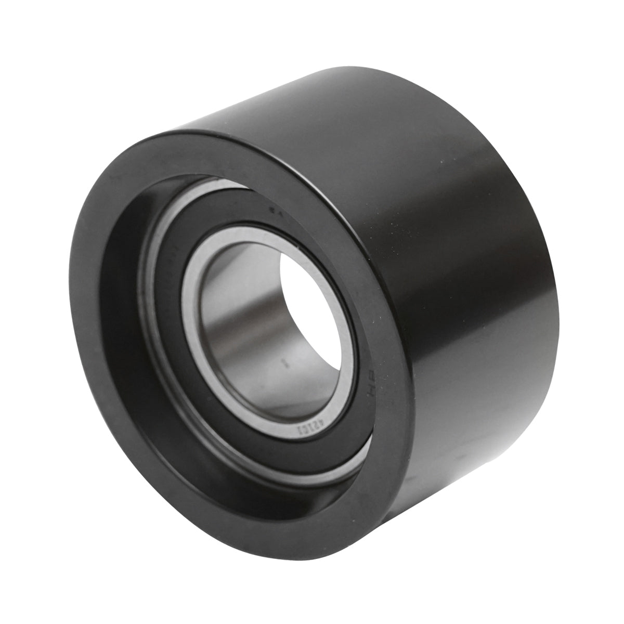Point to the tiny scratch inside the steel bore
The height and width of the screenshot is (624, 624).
283,360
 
